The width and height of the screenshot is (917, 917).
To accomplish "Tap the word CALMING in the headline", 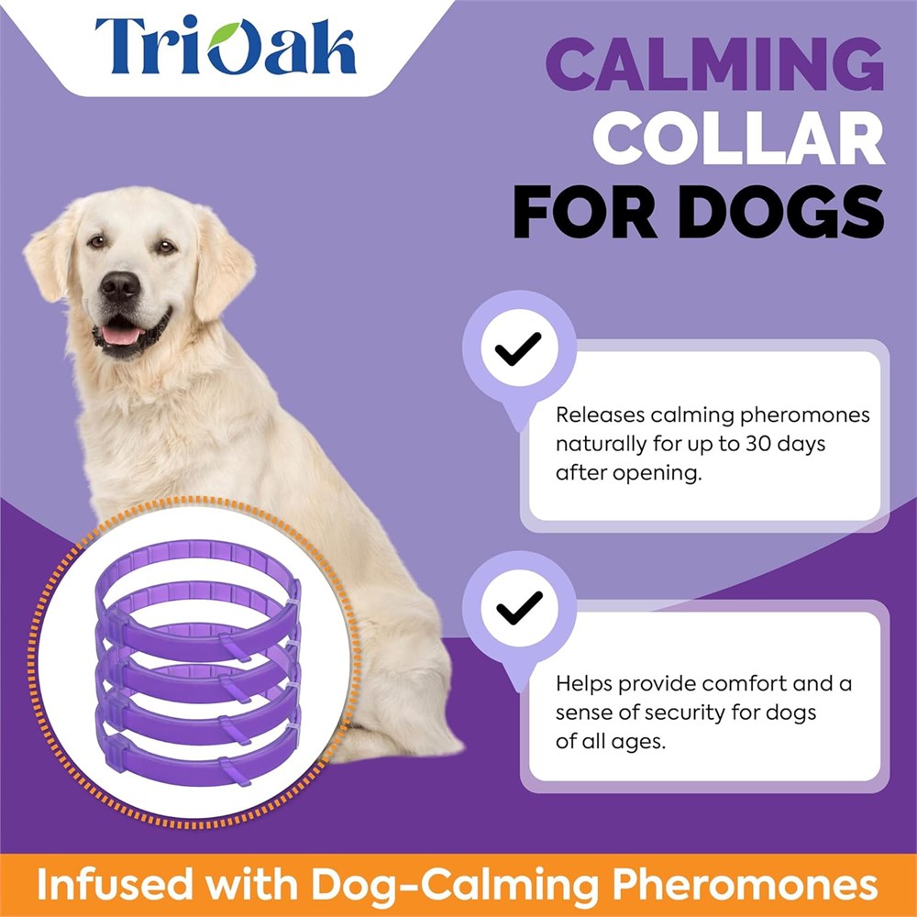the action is tap(714, 64).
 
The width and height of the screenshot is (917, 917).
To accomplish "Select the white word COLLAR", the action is tap(738, 138).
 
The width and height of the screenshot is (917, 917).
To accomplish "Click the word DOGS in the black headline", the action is tap(781, 212).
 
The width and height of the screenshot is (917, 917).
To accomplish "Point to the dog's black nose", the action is tap(120, 286).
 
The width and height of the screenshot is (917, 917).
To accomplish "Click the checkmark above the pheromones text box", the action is tap(518, 348).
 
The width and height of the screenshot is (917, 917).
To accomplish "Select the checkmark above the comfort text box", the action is tap(519, 608).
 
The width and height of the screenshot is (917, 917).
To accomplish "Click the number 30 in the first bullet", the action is tap(758, 444).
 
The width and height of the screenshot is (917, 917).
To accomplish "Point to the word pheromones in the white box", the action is tap(805, 415).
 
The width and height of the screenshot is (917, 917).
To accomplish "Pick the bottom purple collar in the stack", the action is tap(198, 760).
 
